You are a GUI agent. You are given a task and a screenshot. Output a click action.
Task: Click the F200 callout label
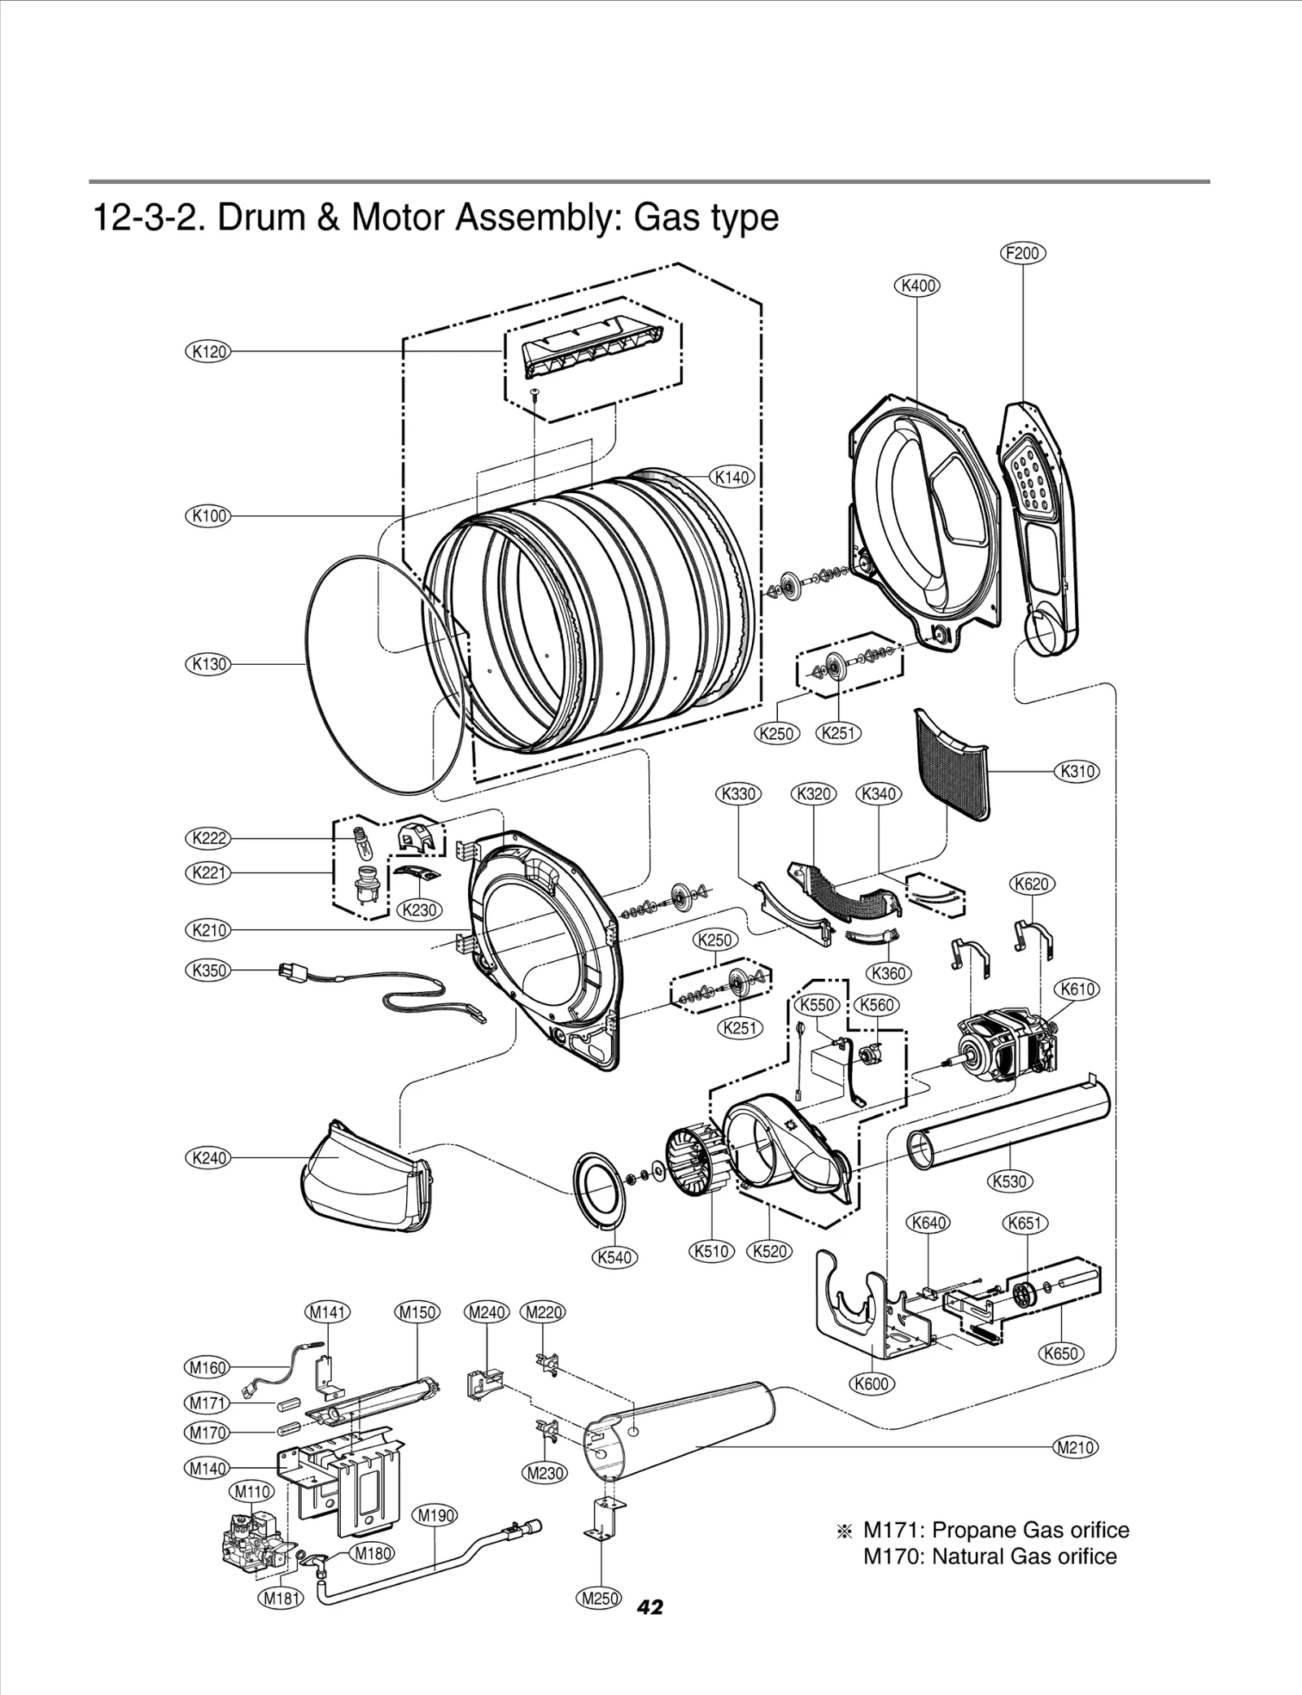tap(1022, 253)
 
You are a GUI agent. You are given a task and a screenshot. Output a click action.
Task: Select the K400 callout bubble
tap(917, 286)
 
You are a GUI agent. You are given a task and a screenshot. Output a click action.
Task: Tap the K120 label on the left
tap(208, 352)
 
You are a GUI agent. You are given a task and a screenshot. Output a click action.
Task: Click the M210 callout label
tap(1075, 1448)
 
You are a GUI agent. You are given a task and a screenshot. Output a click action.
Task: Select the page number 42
tap(650, 1607)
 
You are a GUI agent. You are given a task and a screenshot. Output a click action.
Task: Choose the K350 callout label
tap(208, 970)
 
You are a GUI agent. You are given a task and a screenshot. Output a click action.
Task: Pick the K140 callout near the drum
tap(732, 477)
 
